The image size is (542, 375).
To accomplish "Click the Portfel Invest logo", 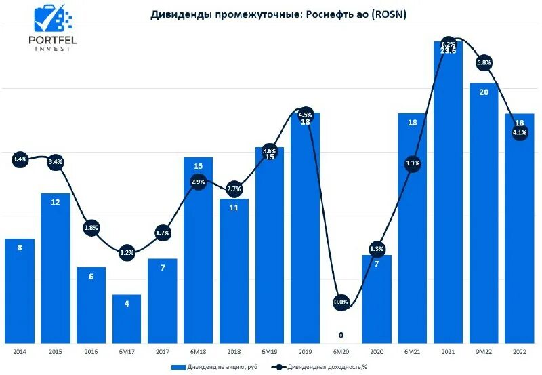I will tap(52, 28).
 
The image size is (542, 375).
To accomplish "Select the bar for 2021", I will tap(448, 203).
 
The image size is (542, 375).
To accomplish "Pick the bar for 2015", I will tap(56, 271).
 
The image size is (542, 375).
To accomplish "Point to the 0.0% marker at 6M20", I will tap(341, 302).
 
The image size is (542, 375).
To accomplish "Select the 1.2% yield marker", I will tap(127, 253).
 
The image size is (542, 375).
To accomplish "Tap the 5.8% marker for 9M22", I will tap(484, 62).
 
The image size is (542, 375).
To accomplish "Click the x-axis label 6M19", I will tap(270, 351).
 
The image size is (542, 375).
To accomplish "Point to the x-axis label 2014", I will tap(20, 351).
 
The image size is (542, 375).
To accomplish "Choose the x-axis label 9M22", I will tap(484, 351).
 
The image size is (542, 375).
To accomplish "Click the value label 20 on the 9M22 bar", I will tap(484, 92).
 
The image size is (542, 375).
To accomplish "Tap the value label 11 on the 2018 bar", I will tap(234, 208).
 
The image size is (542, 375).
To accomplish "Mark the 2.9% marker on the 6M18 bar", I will tap(198, 182).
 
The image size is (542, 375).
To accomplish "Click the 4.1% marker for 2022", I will tap(520, 133).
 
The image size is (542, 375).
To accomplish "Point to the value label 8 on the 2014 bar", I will tap(20, 248).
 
